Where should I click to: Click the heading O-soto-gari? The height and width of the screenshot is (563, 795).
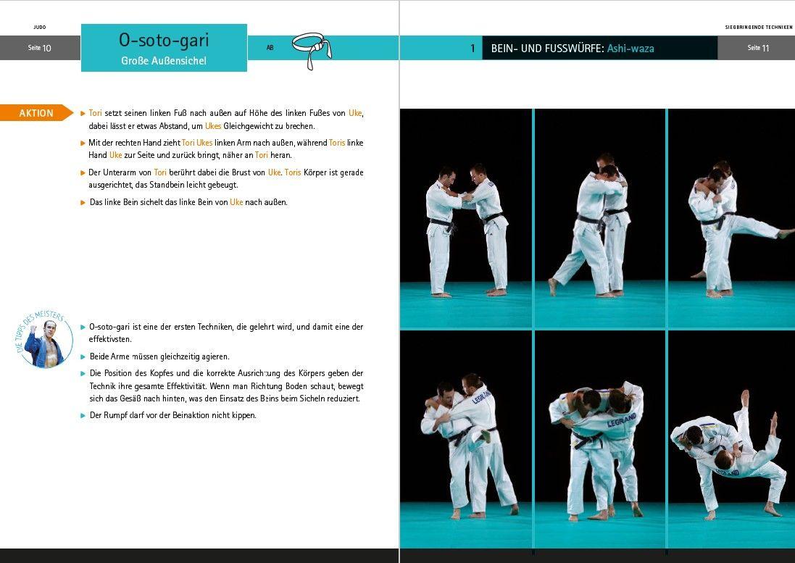tap(163, 41)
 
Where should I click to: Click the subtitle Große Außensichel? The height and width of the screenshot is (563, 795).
tap(163, 61)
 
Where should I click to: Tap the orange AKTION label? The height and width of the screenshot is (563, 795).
tap(36, 113)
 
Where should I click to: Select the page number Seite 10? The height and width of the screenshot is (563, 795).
tap(39, 48)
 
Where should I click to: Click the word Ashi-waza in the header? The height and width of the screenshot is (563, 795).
tap(630, 49)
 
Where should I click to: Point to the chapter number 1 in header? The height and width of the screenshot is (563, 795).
tap(473, 49)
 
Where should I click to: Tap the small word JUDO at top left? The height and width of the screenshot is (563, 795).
tap(39, 27)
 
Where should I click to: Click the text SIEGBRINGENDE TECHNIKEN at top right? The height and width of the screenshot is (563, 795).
tap(758, 27)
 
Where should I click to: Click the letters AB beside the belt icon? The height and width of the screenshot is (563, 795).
tap(270, 48)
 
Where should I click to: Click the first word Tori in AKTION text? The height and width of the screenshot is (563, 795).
tap(96, 114)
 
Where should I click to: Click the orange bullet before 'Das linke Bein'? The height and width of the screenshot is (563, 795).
tap(83, 203)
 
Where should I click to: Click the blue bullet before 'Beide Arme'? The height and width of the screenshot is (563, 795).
tap(83, 357)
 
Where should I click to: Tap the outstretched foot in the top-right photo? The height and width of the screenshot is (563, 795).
tap(784, 233)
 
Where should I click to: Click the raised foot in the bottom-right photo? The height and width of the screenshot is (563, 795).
tap(745, 397)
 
